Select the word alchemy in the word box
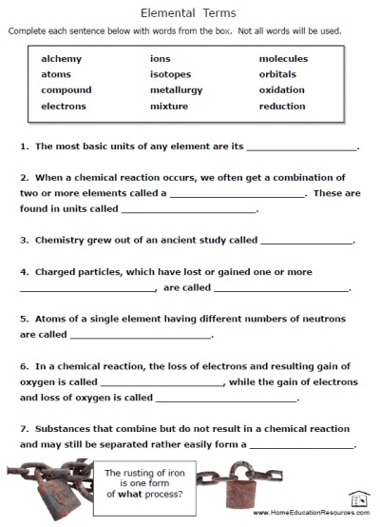pyautogui.click(x=61, y=59)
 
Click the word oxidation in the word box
pyautogui.click(x=282, y=90)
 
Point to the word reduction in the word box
pyautogui.click(x=283, y=107)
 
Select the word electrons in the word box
pyautogui.click(x=66, y=107)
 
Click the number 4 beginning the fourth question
pyautogui.click(x=21, y=271)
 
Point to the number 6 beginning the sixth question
pyautogui.click(x=21, y=365)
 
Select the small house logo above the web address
pyautogui.click(x=358, y=498)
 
